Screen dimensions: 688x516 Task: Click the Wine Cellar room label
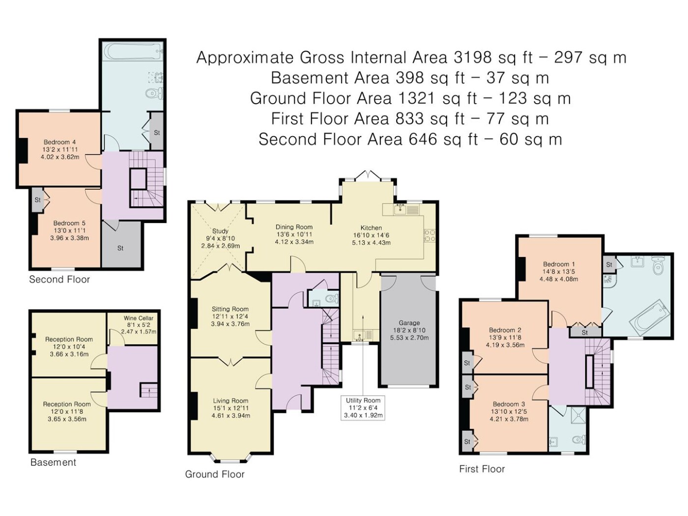click(139, 318)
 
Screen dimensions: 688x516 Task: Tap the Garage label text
click(409, 323)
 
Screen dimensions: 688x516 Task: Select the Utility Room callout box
click(363, 408)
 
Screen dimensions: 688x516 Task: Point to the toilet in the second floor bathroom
click(155, 93)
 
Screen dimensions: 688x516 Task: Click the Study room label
click(220, 231)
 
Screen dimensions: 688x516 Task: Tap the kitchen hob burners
click(430, 235)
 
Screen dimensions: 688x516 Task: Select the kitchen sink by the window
click(400, 209)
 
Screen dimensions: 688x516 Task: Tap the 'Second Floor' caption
click(59, 280)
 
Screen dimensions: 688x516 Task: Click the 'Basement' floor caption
click(53, 462)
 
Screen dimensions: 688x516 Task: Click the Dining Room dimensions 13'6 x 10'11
click(294, 234)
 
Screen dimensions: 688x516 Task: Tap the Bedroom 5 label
click(69, 223)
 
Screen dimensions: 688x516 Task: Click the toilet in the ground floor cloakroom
click(332, 299)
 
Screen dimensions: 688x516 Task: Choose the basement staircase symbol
click(148, 390)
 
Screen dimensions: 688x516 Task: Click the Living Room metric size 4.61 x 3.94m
click(230, 416)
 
